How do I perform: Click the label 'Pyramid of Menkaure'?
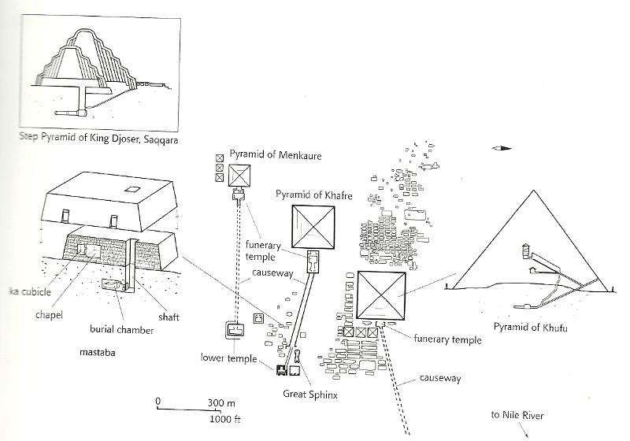(x=276, y=156)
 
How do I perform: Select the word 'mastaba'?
(x=97, y=352)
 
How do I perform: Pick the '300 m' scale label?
(x=222, y=402)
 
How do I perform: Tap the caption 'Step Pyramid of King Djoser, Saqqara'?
(x=98, y=139)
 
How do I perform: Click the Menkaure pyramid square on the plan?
(x=239, y=175)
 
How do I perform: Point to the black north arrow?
(x=500, y=148)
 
